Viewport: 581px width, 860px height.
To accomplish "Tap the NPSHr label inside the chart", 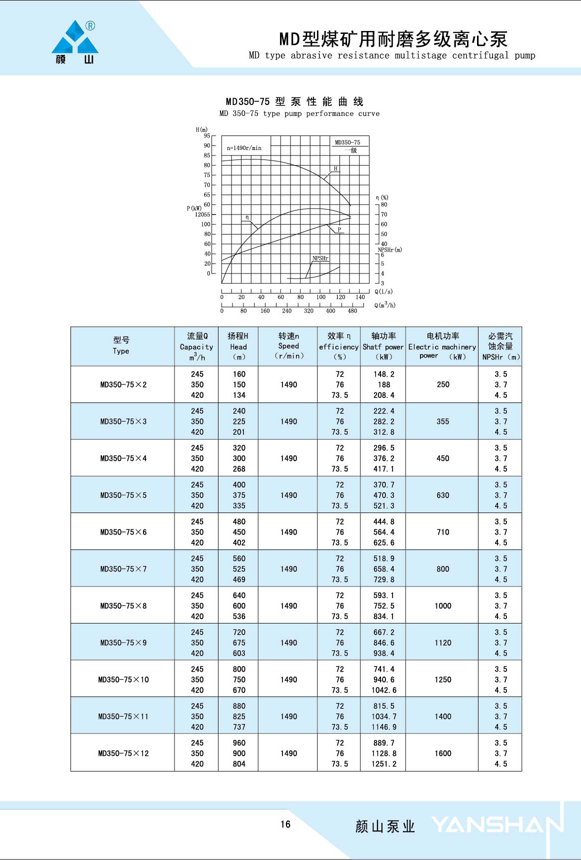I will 320,258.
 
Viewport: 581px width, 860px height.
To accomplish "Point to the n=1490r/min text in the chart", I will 244,148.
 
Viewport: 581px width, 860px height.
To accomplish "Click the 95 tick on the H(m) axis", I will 206,135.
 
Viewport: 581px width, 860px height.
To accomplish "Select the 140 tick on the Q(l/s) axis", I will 360,297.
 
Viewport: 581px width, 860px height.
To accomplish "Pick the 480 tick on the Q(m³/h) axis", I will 352,311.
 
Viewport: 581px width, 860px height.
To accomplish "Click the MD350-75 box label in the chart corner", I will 347,142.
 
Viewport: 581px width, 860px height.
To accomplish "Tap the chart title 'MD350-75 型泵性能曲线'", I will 294,102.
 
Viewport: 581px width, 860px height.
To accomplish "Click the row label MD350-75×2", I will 123,384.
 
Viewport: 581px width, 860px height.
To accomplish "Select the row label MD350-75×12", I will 123,753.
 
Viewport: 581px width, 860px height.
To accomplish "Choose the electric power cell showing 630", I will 443,495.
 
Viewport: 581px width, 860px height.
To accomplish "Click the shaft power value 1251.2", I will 384,764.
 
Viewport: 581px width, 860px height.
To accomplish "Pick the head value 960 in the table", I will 239,743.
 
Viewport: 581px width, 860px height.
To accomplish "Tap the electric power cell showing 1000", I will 443,606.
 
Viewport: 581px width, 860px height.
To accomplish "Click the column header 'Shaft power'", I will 383,347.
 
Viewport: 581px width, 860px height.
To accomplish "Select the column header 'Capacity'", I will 196,347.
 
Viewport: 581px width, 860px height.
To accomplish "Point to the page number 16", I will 285,824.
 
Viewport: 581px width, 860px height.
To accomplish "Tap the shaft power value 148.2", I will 384,374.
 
